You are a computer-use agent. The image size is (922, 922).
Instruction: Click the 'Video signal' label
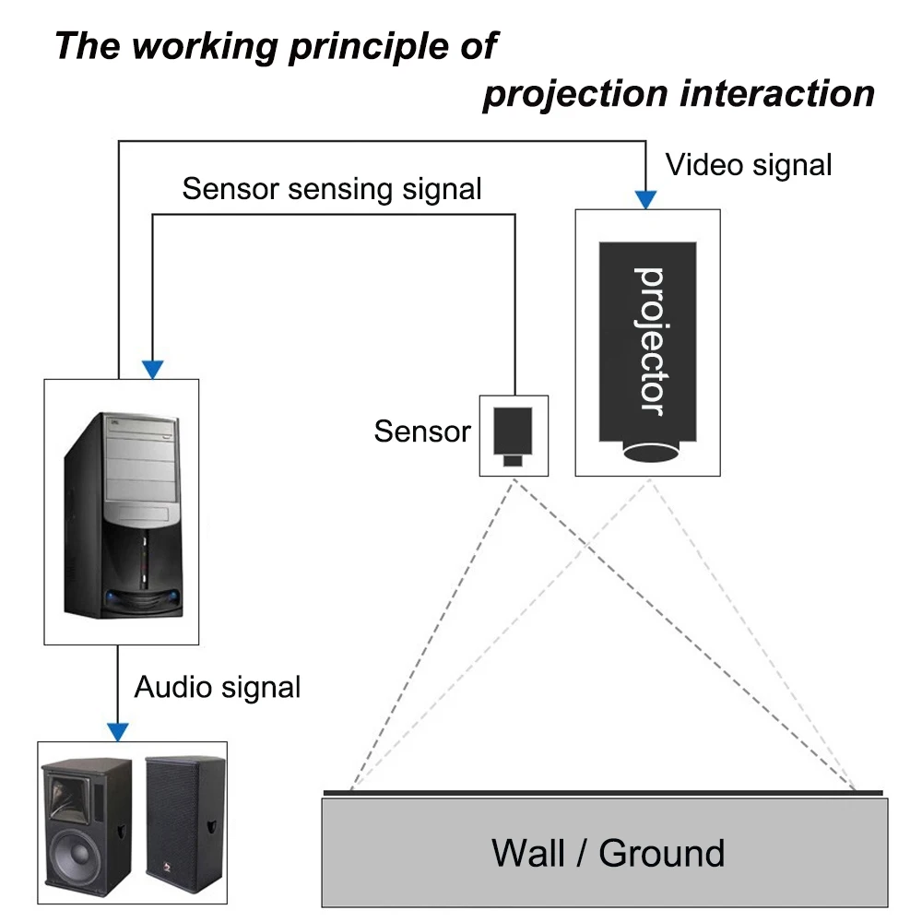[749, 165]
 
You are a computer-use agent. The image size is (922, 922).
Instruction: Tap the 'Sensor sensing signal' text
[332, 189]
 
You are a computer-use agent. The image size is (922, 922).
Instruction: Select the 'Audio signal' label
[218, 687]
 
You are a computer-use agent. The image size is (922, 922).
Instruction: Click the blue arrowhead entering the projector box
[646, 199]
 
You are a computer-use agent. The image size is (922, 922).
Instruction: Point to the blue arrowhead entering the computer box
[153, 369]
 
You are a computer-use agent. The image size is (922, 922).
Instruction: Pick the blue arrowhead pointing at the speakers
[118, 731]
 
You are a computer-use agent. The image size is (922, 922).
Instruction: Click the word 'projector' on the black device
[648, 341]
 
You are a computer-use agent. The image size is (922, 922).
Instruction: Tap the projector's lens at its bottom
[648, 452]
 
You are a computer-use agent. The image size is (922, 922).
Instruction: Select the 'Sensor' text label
[422, 431]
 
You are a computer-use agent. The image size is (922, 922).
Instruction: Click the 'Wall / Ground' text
[608, 853]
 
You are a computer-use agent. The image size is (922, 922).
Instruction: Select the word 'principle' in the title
[365, 46]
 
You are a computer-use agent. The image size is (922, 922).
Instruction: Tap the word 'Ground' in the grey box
[661, 853]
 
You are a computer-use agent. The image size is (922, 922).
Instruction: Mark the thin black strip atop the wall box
[604, 792]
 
